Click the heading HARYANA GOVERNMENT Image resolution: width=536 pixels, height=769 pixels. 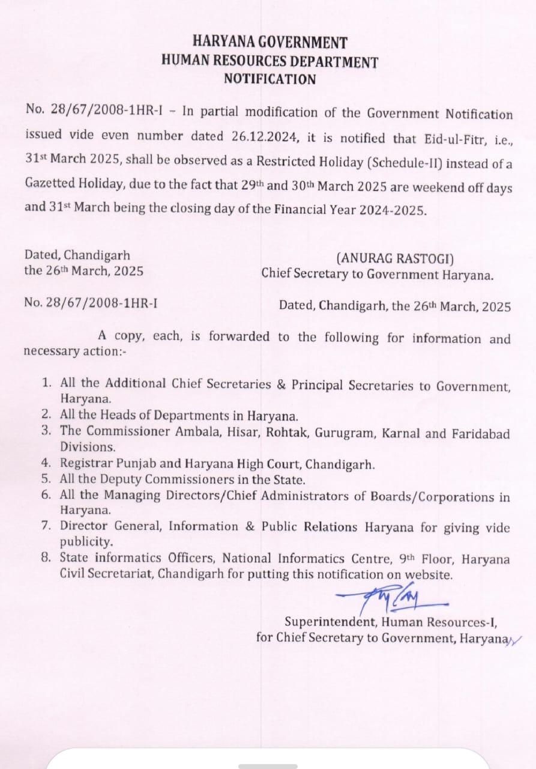click(270, 43)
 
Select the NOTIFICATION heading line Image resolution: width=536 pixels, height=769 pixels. click(270, 79)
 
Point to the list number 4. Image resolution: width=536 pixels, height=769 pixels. click(46, 463)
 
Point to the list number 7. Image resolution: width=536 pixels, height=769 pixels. click(46, 526)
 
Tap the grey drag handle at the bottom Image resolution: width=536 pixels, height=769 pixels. click(268, 766)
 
